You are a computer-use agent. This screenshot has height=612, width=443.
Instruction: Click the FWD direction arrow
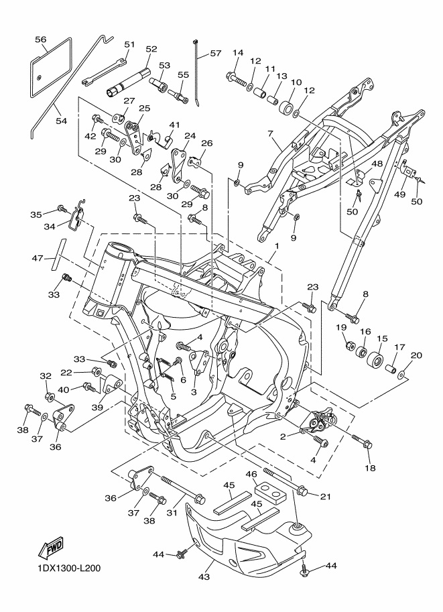[x=51, y=548]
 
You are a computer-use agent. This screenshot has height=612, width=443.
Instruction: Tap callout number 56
[x=41, y=40]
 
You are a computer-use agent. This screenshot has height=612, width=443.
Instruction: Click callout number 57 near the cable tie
[x=215, y=53]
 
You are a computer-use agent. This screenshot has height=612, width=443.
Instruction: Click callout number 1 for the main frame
[x=275, y=246]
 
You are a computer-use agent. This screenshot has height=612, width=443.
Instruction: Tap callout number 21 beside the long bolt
[x=326, y=496]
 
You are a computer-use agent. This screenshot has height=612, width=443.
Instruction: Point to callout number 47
[x=37, y=257]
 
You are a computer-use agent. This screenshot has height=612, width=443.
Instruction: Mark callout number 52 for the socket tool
[x=151, y=49]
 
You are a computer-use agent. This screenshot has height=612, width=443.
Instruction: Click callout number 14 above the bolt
[x=238, y=53]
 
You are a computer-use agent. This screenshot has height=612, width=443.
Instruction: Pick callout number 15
[x=383, y=339]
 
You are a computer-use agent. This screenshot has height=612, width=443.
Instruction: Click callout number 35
[x=37, y=215]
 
